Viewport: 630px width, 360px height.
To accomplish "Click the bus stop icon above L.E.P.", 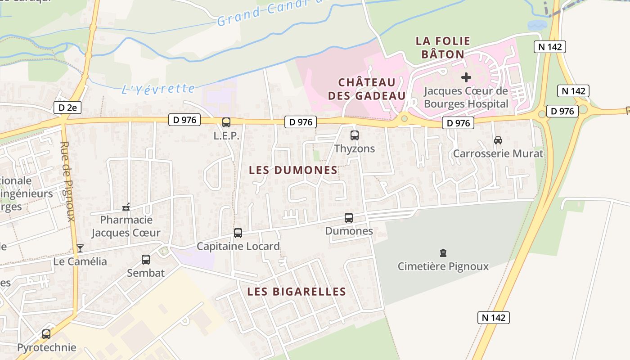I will [x=226, y=122].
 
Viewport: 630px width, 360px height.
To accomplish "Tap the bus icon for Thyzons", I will [x=355, y=135].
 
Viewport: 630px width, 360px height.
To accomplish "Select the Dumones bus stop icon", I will [x=349, y=218].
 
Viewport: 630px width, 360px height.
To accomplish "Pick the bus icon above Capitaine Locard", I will [x=238, y=233].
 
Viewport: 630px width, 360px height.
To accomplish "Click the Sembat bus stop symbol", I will [x=146, y=260].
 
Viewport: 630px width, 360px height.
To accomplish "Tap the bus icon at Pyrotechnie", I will [x=46, y=334].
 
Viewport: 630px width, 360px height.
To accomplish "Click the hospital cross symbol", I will [x=466, y=77].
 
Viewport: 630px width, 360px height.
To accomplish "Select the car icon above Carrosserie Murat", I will [x=498, y=140].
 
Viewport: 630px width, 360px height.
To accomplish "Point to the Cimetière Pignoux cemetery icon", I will [x=443, y=253].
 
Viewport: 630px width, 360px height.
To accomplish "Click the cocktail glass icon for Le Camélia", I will [x=80, y=248].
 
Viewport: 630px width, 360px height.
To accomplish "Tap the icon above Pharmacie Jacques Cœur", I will [x=126, y=207].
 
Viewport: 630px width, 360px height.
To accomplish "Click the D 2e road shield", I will [x=67, y=108].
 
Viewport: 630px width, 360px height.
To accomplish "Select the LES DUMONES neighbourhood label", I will [x=293, y=170].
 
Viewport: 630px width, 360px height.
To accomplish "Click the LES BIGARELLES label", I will [x=297, y=291].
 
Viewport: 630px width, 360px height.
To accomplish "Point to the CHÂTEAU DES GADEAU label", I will [x=367, y=89].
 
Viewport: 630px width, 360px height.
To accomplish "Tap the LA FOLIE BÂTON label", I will [x=443, y=48].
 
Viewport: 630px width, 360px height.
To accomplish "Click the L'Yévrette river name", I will [x=158, y=89].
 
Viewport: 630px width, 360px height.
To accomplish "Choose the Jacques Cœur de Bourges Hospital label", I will [x=466, y=97].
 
